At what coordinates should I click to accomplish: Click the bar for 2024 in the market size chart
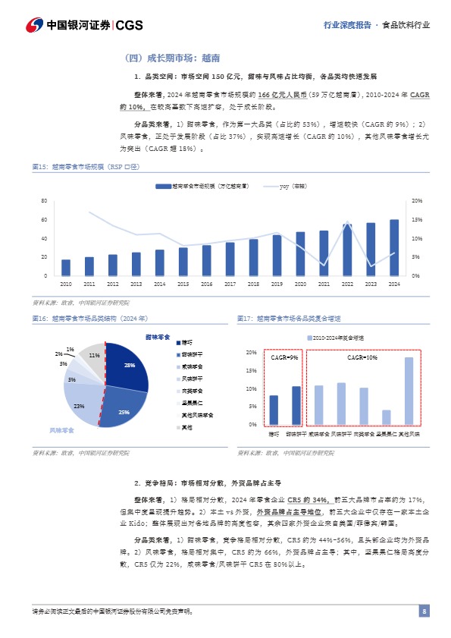coord(394,247)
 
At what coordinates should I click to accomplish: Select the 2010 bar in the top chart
coord(66,268)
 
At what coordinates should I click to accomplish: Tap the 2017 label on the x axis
coord(230,284)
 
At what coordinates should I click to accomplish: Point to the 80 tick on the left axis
coord(45,201)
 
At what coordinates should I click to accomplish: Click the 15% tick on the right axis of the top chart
coord(417,220)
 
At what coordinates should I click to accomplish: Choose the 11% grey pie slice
coord(93,355)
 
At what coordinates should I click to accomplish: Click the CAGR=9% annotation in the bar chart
coord(285,357)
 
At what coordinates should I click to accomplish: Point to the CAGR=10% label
coord(362,357)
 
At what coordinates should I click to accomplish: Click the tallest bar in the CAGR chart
coord(409,391)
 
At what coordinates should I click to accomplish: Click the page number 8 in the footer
coord(424,612)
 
